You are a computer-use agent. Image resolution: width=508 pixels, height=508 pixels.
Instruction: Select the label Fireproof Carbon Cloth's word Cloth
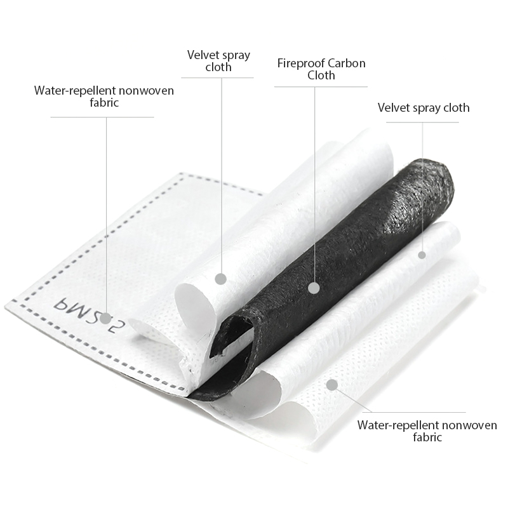click(x=321, y=75)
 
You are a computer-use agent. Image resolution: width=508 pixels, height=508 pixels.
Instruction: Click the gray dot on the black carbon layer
click(x=314, y=288)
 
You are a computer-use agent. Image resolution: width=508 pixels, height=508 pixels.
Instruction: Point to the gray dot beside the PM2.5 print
click(x=105, y=319)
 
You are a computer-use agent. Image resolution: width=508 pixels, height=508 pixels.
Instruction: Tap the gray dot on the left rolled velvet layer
click(x=221, y=279)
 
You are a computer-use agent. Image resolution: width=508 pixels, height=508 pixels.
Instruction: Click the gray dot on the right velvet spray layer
click(x=422, y=255)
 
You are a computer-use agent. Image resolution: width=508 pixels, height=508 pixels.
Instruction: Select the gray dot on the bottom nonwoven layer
click(x=332, y=385)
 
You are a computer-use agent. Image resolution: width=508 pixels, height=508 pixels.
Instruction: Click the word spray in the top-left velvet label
click(x=234, y=55)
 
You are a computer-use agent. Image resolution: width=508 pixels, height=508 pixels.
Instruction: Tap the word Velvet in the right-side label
click(x=392, y=107)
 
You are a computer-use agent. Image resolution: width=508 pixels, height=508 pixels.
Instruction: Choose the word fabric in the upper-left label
click(x=104, y=102)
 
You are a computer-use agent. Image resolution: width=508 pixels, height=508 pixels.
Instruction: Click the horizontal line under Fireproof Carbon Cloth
click(x=321, y=87)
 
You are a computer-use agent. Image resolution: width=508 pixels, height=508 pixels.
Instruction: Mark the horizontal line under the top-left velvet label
click(x=217, y=77)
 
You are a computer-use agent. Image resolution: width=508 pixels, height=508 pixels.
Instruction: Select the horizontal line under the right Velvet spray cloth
click(x=422, y=122)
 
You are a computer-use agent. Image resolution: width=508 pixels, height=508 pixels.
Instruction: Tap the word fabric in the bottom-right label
click(x=427, y=437)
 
